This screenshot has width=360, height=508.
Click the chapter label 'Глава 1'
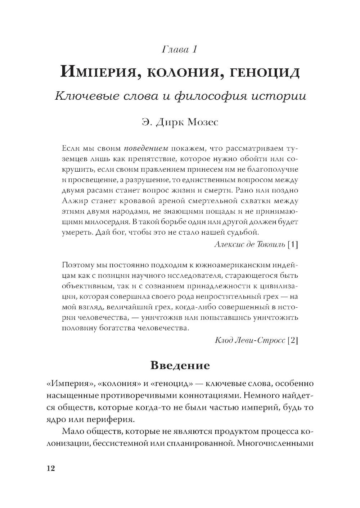pos(180,49)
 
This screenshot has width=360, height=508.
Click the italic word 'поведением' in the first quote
pos(146,148)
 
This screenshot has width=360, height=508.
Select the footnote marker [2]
pos(293,340)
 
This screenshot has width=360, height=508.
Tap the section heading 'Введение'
pos(180,366)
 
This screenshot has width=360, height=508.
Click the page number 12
pos(50,468)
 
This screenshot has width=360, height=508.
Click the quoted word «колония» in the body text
pos(118,384)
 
